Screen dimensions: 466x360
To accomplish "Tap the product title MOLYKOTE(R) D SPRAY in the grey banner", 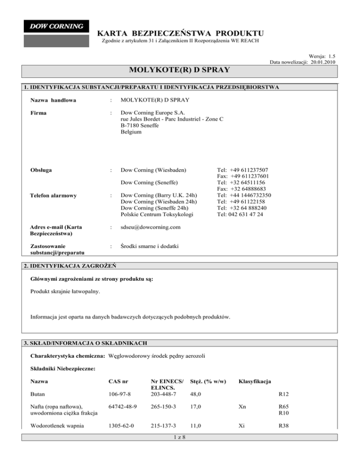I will coord(180,71).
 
